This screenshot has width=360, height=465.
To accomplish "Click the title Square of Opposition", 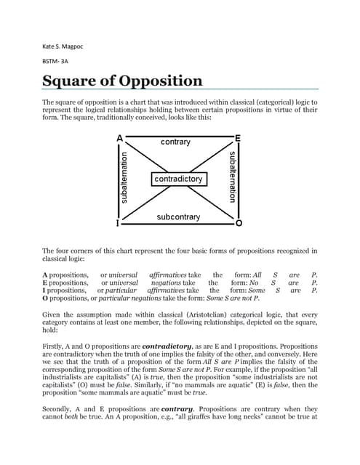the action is (121, 81).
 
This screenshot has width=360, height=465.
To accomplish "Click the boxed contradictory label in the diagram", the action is (179, 179).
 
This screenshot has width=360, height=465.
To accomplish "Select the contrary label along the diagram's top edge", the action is (176, 142).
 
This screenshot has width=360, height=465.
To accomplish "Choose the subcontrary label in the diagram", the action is (178, 217).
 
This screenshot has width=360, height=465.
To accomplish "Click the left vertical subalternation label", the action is (124, 178).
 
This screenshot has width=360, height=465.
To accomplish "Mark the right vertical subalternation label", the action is (232, 178).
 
